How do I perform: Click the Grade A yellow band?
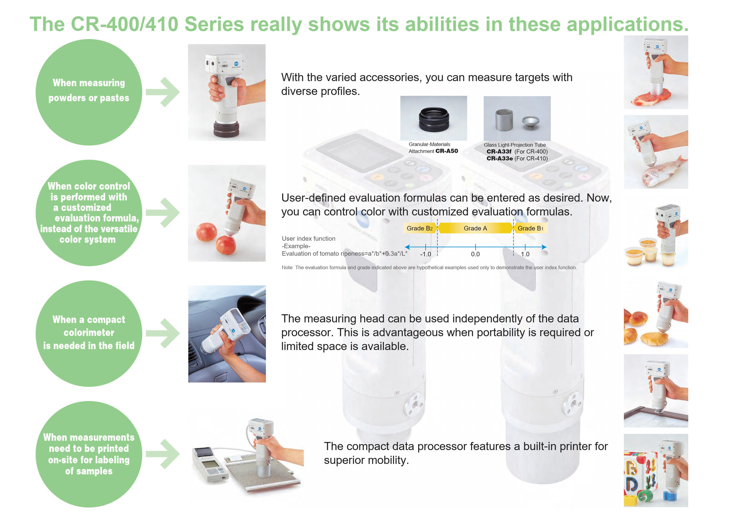[x=475, y=228]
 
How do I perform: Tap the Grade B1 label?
[x=530, y=228]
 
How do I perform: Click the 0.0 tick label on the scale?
[x=475, y=254]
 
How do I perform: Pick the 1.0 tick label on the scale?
[x=525, y=254]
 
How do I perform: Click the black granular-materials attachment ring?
[x=434, y=119]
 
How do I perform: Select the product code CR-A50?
[x=447, y=151]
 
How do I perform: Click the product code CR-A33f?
[x=499, y=151]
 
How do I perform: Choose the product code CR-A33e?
[x=499, y=159]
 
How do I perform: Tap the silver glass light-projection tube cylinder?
[x=504, y=119]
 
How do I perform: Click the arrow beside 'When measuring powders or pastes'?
[x=163, y=92]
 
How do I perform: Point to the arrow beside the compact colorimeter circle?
[x=163, y=333]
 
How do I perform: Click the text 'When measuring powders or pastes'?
[x=89, y=90]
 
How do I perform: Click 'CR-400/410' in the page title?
[x=125, y=24]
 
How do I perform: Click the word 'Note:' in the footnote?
[x=288, y=268]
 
